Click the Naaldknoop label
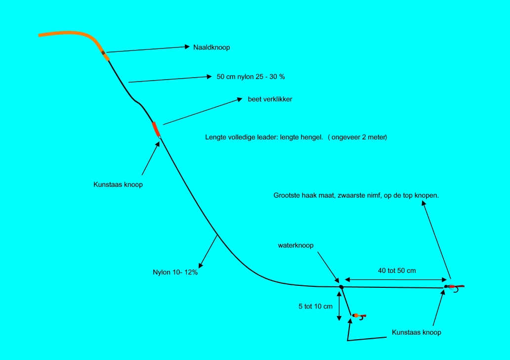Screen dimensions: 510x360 (x=212, y=47)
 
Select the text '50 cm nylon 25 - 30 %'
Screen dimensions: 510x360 (x=251, y=77)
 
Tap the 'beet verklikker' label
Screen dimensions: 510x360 (x=270, y=99)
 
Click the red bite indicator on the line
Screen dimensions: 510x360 (x=156, y=129)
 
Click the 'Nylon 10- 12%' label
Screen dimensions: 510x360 (x=175, y=272)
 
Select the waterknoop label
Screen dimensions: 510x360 (x=296, y=245)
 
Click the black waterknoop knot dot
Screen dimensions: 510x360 (x=341, y=287)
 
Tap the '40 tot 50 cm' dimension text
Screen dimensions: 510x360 (x=397, y=271)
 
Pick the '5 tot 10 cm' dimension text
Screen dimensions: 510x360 (x=315, y=306)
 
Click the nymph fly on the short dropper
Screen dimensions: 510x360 (x=359, y=315)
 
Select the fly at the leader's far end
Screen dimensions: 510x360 (x=454, y=287)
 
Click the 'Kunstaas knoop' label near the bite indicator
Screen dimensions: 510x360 (x=118, y=184)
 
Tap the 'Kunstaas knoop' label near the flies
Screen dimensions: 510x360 (x=416, y=332)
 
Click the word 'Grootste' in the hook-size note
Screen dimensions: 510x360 (x=287, y=195)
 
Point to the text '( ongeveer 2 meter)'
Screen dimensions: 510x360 (x=357, y=137)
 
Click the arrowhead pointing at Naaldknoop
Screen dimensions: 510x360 (x=187, y=47)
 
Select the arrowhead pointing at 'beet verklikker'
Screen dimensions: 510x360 (x=240, y=99)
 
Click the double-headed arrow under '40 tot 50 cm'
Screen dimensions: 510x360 (x=396, y=279)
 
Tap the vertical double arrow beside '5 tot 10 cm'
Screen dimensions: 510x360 (x=339, y=306)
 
